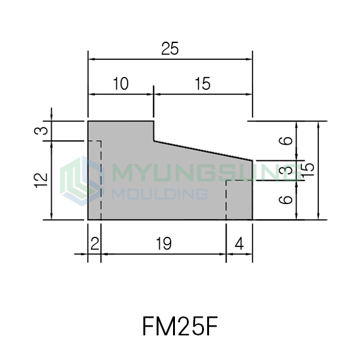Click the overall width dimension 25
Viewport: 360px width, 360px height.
pyautogui.click(x=170, y=49)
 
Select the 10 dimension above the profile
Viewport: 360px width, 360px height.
pyautogui.click(x=121, y=83)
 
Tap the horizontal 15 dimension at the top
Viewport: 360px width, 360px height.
pyautogui.click(x=203, y=83)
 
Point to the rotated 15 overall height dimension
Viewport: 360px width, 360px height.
pyautogui.click(x=308, y=170)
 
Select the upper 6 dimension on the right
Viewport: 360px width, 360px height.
pyautogui.click(x=286, y=141)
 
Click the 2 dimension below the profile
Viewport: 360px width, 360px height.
pyautogui.click(x=95, y=244)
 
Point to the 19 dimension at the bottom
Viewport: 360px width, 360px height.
pyautogui.click(x=164, y=244)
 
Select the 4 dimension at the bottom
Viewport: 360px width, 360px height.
pyautogui.click(x=239, y=244)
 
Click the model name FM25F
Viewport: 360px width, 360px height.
pyautogui.click(x=180, y=327)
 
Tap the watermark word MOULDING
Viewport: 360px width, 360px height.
pyautogui.click(x=160, y=194)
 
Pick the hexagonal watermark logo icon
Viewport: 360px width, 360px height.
pyautogui.click(x=82, y=181)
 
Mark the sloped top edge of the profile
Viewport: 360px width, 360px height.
pyautogui.click(x=203, y=150)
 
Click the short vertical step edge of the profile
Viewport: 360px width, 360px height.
pyautogui.click(x=153, y=131)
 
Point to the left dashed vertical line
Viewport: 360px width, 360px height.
pyautogui.click(x=101, y=180)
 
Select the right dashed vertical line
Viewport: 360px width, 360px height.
pyautogui.click(x=226, y=200)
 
